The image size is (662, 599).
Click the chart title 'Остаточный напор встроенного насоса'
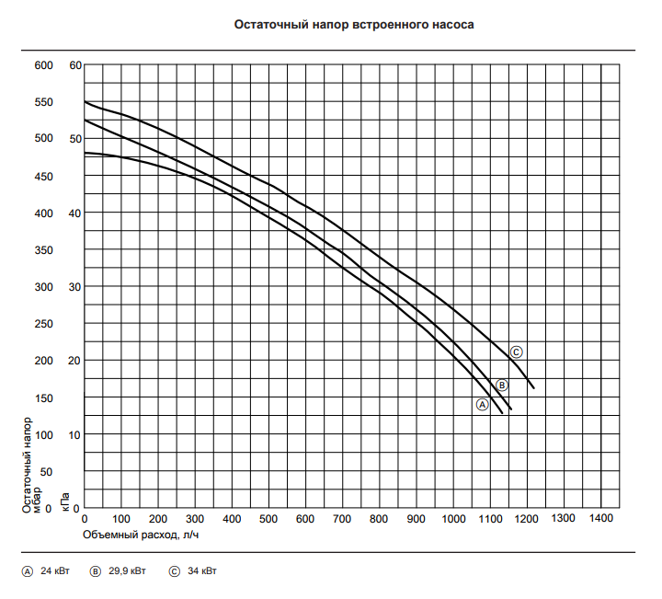click(355, 25)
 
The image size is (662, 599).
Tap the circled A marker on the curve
click(481, 404)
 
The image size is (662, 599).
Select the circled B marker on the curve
click(502, 385)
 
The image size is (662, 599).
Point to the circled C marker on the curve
click(517, 351)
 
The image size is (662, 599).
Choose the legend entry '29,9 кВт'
click(126, 571)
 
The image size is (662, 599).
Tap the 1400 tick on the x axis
click(599, 519)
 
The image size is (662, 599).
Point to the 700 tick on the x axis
click(342, 519)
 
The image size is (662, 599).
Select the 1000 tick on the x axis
click(452, 519)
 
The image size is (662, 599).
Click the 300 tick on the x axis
click(195, 519)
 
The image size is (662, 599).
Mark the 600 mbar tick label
click(44, 65)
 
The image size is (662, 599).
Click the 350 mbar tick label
click(44, 250)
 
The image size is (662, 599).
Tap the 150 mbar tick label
click(44, 397)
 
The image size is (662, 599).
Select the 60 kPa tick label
click(76, 65)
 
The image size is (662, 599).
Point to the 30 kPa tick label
click(76, 287)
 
